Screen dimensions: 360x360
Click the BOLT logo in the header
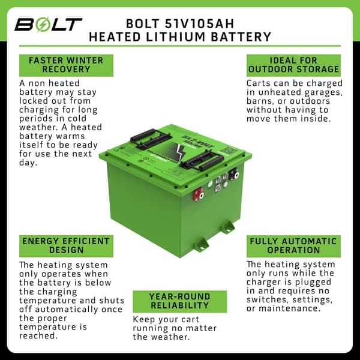48,25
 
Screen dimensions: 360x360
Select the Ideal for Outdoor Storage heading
293,65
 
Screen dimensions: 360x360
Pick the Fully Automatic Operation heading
293,245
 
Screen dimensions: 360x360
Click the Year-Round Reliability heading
180,301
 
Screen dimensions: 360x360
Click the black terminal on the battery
236,175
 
